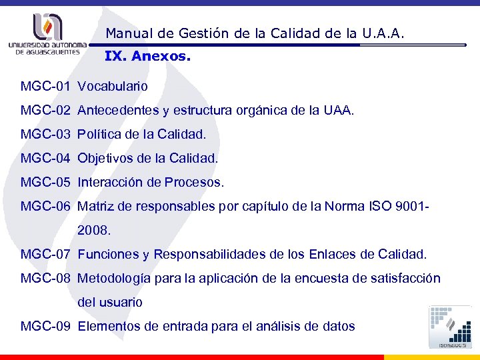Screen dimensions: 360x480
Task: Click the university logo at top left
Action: click(47, 34)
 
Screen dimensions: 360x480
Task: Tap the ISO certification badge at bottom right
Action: click(451, 327)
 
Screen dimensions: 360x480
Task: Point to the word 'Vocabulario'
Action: click(113, 87)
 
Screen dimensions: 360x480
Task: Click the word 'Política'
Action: click(99, 135)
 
